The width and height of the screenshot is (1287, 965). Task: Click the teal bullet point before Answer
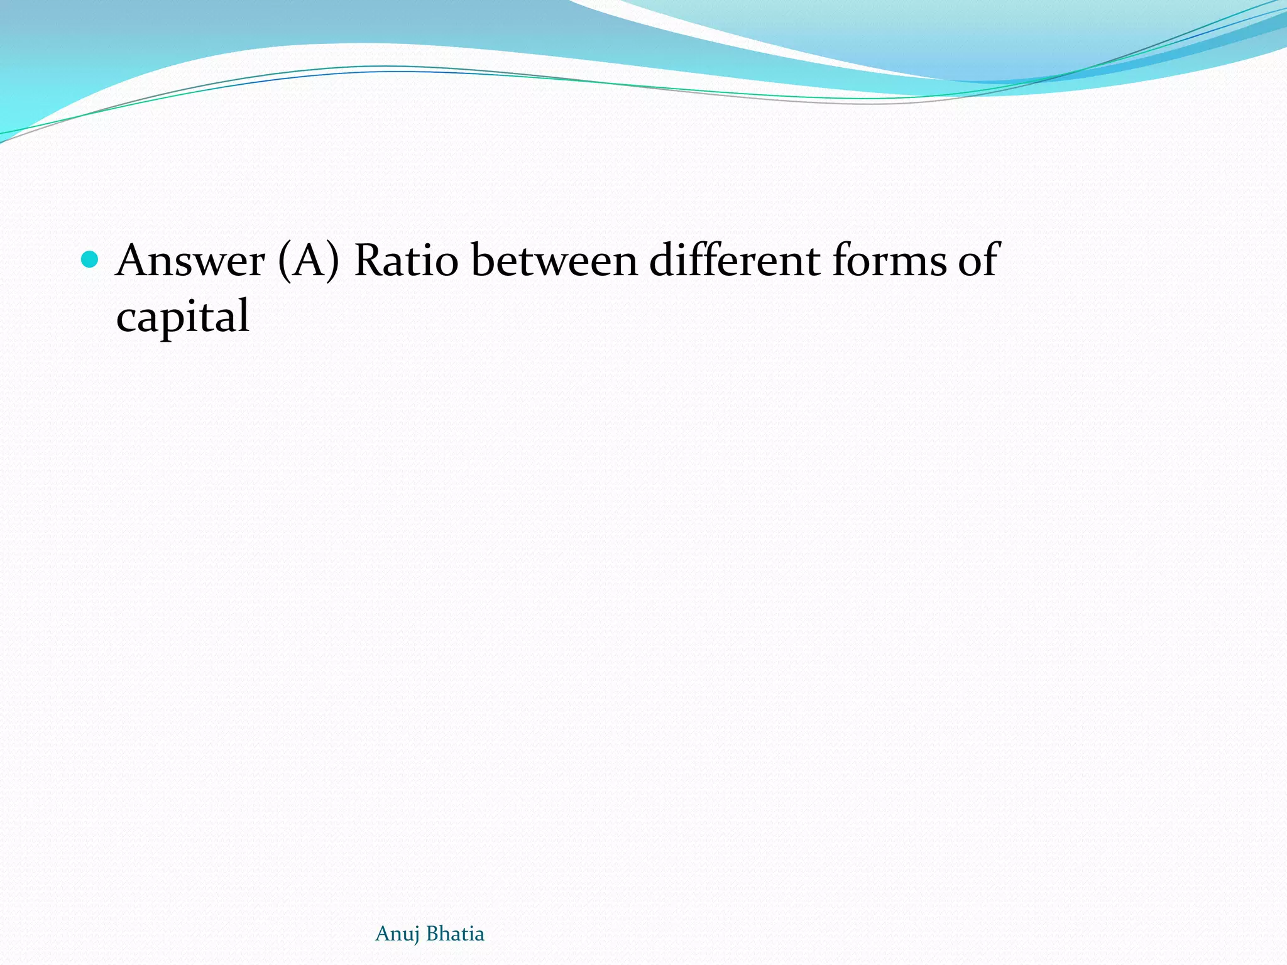click(90, 259)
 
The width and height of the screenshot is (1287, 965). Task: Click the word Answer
click(190, 261)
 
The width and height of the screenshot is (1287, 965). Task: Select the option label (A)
click(309, 261)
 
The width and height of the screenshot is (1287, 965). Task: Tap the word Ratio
click(407, 261)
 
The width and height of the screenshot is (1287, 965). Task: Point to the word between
click(555, 261)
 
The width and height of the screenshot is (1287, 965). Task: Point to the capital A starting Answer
click(136, 261)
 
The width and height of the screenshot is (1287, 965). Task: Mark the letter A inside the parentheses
click(309, 261)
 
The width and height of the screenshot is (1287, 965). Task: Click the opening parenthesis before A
click(283, 261)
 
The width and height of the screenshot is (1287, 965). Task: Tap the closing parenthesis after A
click(333, 261)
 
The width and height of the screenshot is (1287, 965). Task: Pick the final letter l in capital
click(244, 314)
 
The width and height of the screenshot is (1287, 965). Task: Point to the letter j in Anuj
click(415, 935)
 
